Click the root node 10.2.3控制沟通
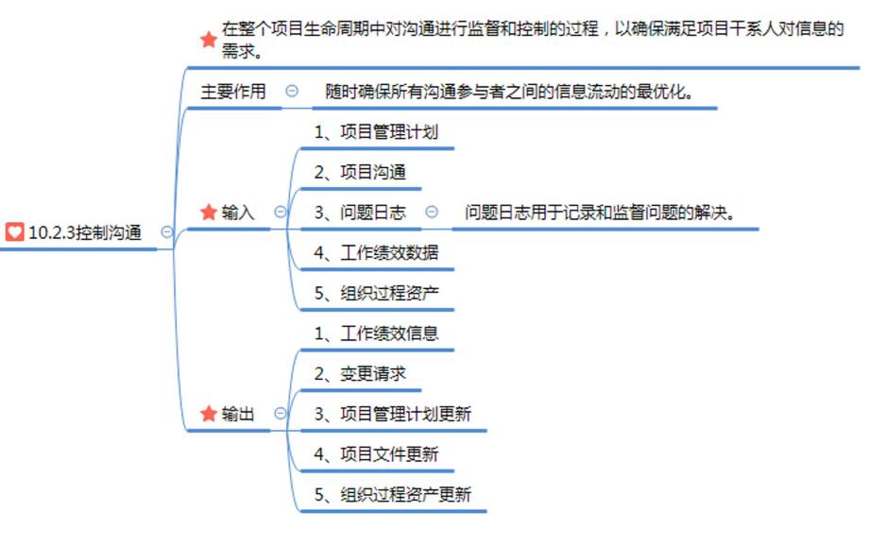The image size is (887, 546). point(85,232)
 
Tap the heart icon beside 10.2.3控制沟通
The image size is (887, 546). point(14,232)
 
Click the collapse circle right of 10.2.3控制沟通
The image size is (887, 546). point(167,231)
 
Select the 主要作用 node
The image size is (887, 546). point(233,92)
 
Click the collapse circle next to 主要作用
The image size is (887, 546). point(292,92)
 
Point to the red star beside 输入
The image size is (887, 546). point(209,213)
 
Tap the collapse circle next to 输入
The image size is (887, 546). point(280,213)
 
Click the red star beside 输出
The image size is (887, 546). point(209,414)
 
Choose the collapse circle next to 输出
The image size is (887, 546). point(280,414)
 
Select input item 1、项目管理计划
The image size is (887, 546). point(376,132)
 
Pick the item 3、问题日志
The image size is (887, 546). point(360,213)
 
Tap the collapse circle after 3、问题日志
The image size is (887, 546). point(432,213)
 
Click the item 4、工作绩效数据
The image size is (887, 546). point(376,253)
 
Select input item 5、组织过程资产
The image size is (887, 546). point(376,293)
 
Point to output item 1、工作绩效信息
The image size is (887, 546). point(376,333)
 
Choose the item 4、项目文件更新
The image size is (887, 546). point(376,454)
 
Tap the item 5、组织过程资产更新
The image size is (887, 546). point(393,494)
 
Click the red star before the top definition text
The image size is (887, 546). point(209,40)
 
